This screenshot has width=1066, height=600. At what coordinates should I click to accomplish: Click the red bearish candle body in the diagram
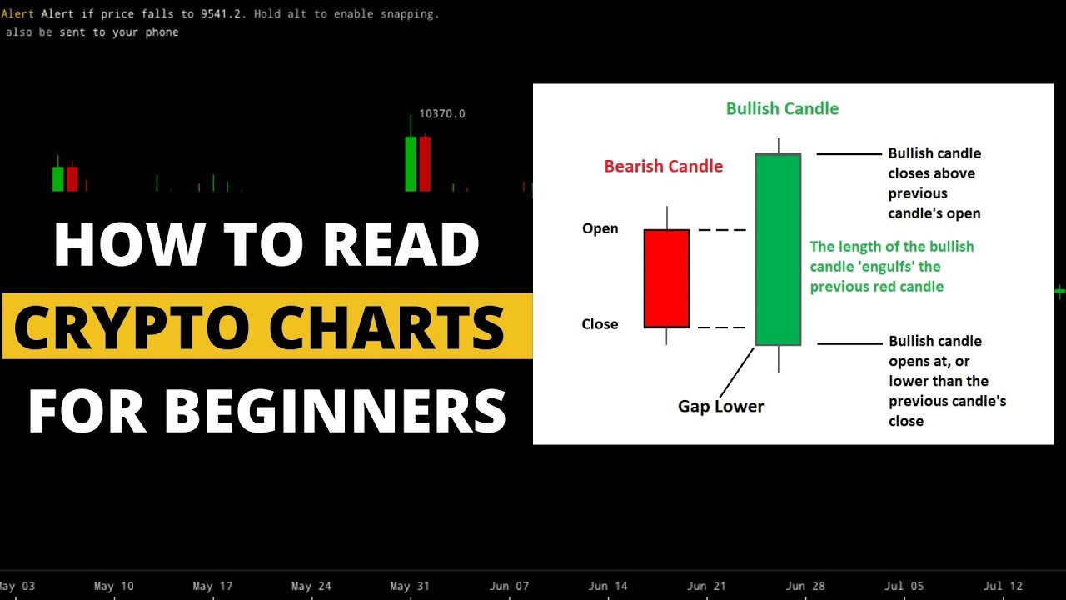(x=666, y=278)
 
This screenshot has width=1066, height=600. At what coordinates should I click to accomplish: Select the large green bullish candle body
(x=778, y=249)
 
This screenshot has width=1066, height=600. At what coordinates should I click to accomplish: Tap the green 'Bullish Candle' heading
(x=782, y=109)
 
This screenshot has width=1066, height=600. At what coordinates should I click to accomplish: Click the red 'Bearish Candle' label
(x=663, y=167)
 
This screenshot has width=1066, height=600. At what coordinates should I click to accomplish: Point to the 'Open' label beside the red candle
(x=600, y=229)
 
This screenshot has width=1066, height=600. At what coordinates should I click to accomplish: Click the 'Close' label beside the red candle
(x=600, y=324)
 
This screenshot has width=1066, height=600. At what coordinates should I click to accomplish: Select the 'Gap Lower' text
(x=720, y=407)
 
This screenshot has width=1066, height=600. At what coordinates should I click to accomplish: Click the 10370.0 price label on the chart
(x=441, y=114)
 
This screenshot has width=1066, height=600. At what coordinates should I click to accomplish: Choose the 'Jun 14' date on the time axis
(x=608, y=587)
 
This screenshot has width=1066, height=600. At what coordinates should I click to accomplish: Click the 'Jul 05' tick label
(x=904, y=587)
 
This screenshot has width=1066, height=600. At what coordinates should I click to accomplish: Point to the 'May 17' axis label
(x=213, y=587)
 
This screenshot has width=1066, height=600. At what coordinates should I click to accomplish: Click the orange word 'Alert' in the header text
(x=17, y=14)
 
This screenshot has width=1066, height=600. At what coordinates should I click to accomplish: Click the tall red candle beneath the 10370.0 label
(x=426, y=163)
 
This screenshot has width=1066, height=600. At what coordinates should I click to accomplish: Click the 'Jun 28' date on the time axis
(x=805, y=587)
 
